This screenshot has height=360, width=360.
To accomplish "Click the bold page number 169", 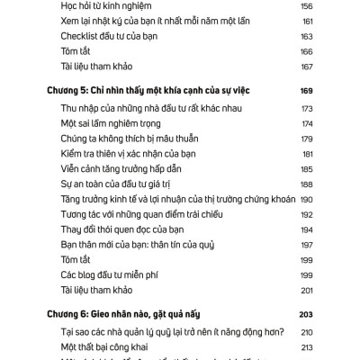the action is pyautogui.click(x=305, y=91).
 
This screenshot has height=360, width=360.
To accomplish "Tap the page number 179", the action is pyautogui.click(x=305, y=139).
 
